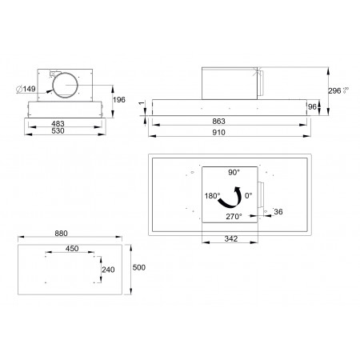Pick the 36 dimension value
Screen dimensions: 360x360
pos(278,211)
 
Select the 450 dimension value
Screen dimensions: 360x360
pos(72,249)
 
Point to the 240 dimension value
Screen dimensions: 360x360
pos(109,270)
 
